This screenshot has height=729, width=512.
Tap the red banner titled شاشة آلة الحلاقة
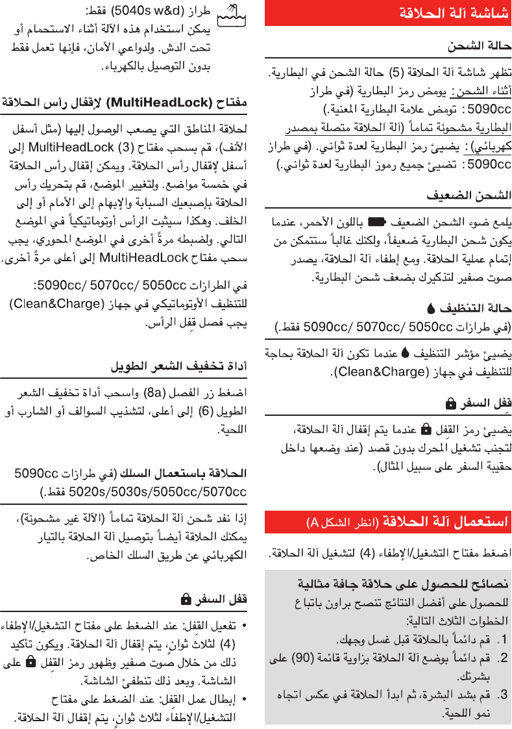click(x=388, y=12)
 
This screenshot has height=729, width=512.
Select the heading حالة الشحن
click(x=479, y=46)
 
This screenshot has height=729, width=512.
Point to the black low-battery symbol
click(x=377, y=220)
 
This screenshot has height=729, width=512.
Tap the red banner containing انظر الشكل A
click(x=388, y=522)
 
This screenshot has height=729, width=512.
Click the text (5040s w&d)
click(x=138, y=12)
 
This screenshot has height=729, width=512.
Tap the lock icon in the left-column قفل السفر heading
click(x=186, y=598)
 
